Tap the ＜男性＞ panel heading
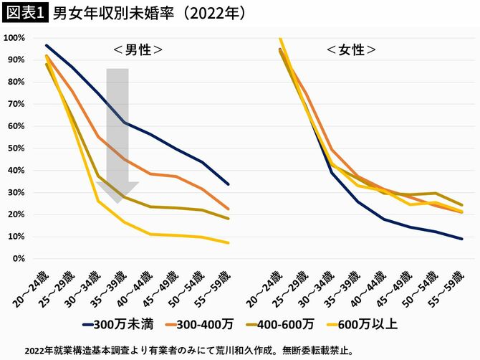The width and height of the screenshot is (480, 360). [x=138, y=50]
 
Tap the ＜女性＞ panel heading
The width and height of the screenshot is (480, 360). [x=351, y=50]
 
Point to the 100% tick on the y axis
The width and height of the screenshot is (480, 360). [x=16, y=37]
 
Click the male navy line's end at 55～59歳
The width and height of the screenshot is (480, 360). [x=228, y=184]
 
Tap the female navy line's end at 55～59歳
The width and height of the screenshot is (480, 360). [x=461, y=239]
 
